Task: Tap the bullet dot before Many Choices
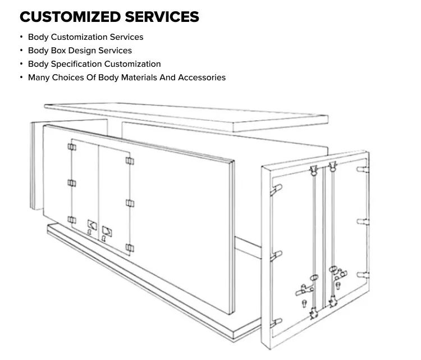(x=21, y=78)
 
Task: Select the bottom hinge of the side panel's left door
(x=72, y=220)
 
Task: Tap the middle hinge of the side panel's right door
(x=130, y=202)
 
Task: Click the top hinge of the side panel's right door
(x=130, y=161)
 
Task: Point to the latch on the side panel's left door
(x=91, y=225)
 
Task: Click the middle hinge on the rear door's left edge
(x=274, y=257)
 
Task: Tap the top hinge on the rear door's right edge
(x=362, y=168)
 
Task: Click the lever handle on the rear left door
(x=302, y=289)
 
